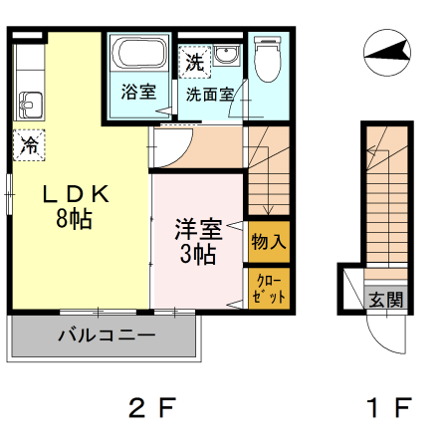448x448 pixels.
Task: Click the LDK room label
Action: (67, 194)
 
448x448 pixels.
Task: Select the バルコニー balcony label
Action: (106, 336)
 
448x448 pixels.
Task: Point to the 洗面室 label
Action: (208, 96)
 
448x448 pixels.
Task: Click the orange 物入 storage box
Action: (269, 242)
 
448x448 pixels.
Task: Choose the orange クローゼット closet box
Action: (269, 288)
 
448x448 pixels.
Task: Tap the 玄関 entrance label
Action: (386, 298)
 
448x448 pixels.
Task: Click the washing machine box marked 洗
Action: (193, 61)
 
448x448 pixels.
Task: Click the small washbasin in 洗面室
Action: (228, 57)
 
